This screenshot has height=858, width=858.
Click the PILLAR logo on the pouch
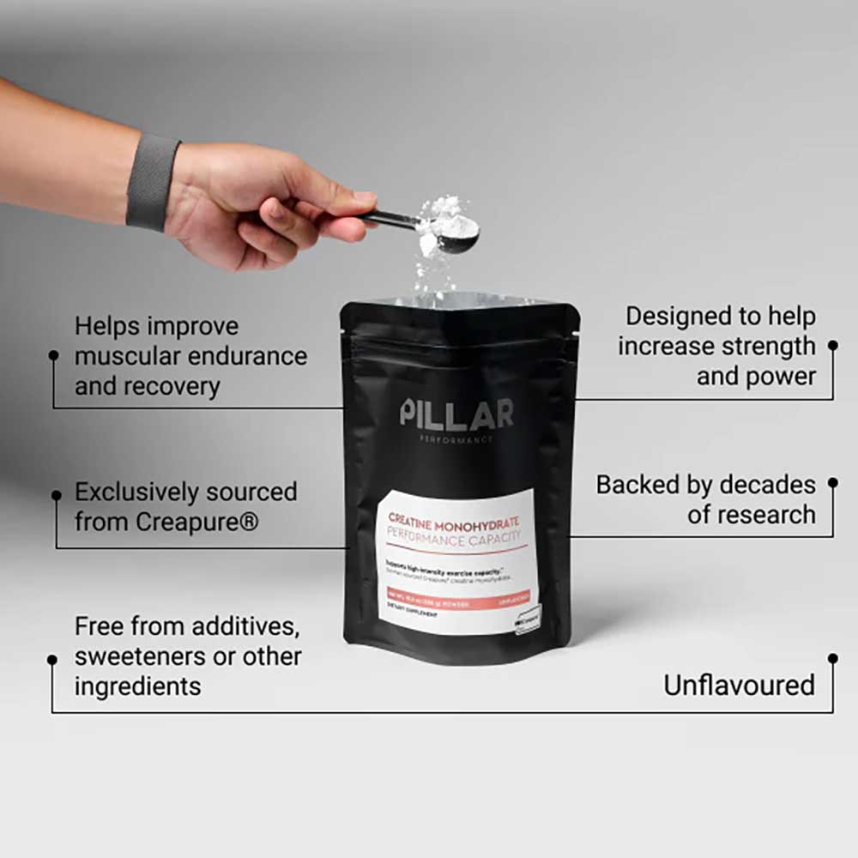tap(456, 413)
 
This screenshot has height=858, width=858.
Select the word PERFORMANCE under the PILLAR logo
tap(456, 439)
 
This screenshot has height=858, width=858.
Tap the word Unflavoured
tap(739, 685)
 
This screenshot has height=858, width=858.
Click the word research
tap(763, 515)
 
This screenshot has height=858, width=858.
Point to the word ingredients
tap(137, 686)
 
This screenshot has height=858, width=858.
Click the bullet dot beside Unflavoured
tap(832, 658)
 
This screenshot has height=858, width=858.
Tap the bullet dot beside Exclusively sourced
tap(56, 495)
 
